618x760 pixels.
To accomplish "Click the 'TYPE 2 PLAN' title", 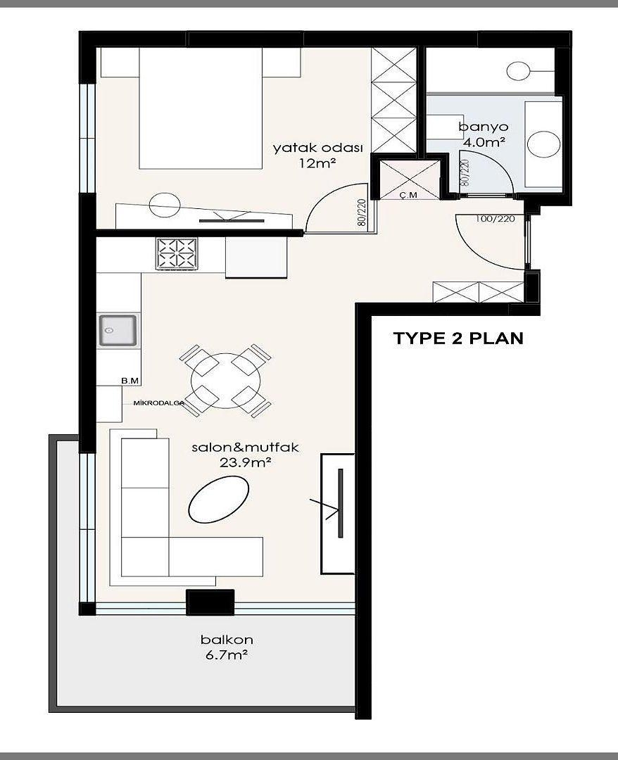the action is (458, 338).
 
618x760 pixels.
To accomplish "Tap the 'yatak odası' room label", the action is (318, 148).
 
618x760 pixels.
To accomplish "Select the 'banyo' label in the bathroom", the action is (484, 127).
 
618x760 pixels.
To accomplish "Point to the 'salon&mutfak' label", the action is (245, 447).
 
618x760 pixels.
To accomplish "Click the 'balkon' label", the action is (227, 640).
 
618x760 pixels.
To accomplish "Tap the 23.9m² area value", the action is (245, 462).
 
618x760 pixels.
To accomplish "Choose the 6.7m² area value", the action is (227, 655).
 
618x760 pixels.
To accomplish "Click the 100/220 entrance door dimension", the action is (495, 219).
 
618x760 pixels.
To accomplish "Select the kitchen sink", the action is (118, 331).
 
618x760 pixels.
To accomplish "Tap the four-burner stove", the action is (177, 253).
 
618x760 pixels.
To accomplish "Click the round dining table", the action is (225, 381).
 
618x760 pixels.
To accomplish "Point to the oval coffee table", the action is (219, 499).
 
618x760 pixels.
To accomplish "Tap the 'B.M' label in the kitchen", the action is (130, 381).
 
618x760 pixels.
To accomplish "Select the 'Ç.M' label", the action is (409, 195).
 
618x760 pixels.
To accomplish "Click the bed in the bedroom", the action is (201, 108).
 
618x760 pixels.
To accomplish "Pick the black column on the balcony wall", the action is (210, 602).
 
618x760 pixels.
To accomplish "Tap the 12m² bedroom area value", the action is (318, 163).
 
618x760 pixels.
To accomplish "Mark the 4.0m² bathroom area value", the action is (484, 142).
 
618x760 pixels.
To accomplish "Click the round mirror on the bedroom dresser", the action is (165, 205).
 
